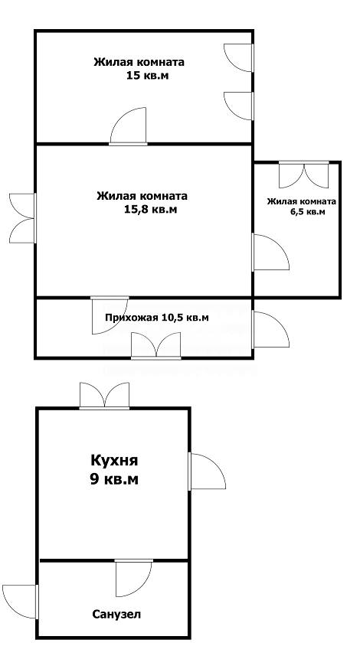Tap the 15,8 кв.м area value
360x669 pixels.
(x=149, y=210)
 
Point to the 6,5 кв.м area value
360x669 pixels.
(x=307, y=211)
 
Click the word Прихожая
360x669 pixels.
(x=132, y=318)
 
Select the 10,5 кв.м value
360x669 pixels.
(x=185, y=318)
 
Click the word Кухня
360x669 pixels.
(x=114, y=461)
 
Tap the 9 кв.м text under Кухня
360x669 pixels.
(x=114, y=480)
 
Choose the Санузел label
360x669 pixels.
(x=116, y=615)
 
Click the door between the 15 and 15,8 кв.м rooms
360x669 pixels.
(x=128, y=126)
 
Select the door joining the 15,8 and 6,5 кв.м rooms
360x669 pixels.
(x=270, y=252)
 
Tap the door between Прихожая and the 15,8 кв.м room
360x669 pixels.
(x=110, y=315)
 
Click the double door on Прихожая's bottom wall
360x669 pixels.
(x=155, y=345)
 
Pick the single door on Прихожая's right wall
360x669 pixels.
(x=270, y=330)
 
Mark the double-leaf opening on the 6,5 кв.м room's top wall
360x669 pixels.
(x=304, y=175)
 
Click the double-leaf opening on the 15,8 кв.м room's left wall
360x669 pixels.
(x=23, y=218)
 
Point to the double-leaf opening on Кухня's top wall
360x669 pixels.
(x=105, y=396)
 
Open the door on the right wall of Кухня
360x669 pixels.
(x=207, y=471)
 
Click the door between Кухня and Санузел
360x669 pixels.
(x=134, y=578)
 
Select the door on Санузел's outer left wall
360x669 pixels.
(x=21, y=602)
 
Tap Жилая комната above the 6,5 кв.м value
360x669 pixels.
(x=302, y=202)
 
